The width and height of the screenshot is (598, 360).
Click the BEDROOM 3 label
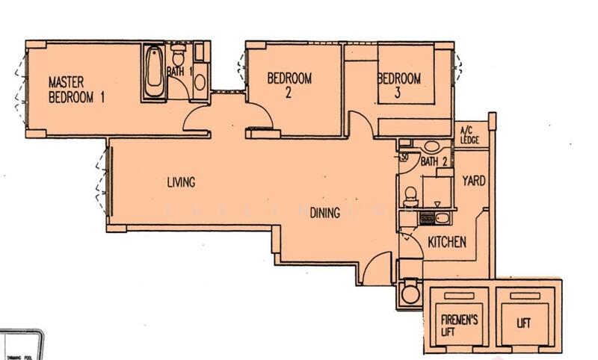click(398, 84)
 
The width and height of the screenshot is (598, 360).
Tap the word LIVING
click(181, 181)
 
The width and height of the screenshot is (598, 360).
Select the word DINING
click(325, 213)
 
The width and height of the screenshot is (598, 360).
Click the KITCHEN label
click(447, 243)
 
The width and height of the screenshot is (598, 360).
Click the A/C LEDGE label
click(469, 135)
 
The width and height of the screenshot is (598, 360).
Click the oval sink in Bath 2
click(431, 146)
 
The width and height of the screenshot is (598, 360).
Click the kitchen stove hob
click(427, 219)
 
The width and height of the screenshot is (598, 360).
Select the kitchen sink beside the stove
click(442, 219)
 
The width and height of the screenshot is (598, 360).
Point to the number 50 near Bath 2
click(404, 158)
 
